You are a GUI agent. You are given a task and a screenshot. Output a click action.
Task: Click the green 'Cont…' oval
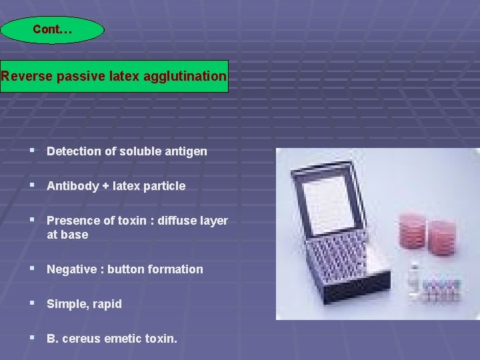pos(52,30)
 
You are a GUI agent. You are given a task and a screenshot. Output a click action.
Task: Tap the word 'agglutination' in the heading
pos(189,76)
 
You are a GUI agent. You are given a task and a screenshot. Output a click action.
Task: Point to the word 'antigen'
pos(187,151)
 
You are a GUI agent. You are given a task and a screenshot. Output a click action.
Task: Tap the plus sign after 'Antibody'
pos(105,186)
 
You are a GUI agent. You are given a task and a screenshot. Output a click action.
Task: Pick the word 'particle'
pos(165,186)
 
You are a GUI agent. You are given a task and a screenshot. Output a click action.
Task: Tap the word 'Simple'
pos(65,304)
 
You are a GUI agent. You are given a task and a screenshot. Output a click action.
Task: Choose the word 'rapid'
pos(107,304)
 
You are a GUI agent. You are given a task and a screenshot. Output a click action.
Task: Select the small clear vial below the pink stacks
pos(415,277)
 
